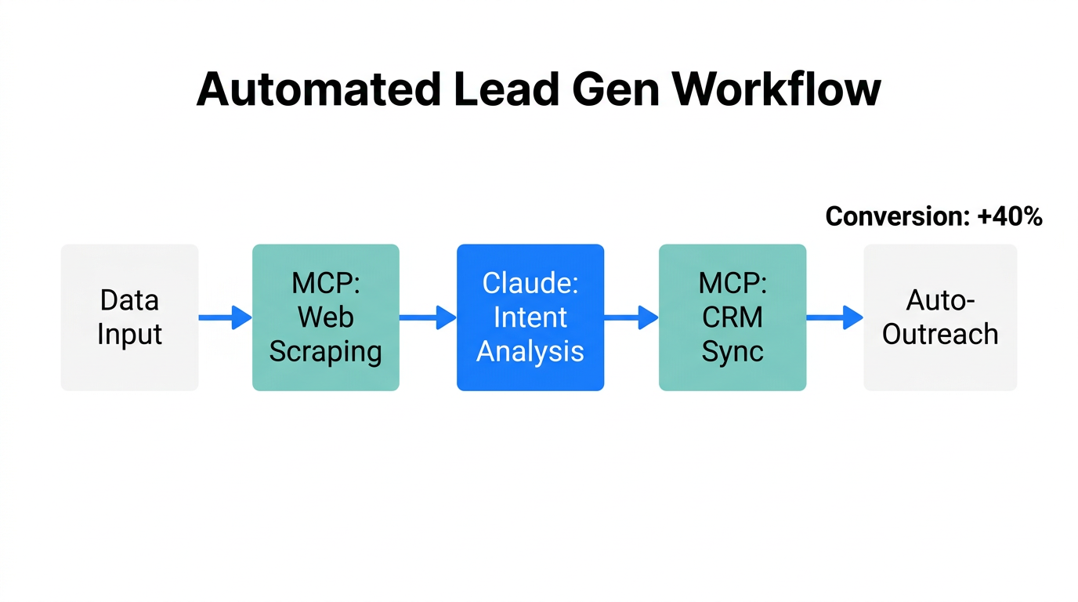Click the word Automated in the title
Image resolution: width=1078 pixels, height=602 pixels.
pyautogui.click(x=319, y=89)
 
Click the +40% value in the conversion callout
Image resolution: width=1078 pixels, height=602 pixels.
pyautogui.click(x=1010, y=217)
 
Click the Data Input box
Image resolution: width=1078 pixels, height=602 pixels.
pyautogui.click(x=129, y=317)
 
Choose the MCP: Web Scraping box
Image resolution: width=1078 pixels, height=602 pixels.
pyautogui.click(x=325, y=317)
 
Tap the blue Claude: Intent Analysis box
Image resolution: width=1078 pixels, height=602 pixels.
pyautogui.click(x=530, y=317)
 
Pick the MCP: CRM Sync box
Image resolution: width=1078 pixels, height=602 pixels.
pyautogui.click(x=732, y=317)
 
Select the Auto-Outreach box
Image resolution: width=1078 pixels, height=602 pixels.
pyautogui.click(x=940, y=317)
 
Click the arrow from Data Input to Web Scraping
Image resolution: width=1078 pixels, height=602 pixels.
pyautogui.click(x=225, y=317)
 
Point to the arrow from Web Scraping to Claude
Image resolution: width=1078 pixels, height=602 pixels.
pyautogui.click(x=428, y=317)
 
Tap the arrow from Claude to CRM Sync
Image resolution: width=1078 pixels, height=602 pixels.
pyautogui.click(x=631, y=317)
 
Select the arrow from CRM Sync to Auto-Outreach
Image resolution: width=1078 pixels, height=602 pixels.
pyautogui.click(x=834, y=317)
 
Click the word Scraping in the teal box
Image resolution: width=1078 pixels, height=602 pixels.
pyautogui.click(x=325, y=352)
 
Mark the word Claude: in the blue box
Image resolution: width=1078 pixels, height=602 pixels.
pyautogui.click(x=530, y=284)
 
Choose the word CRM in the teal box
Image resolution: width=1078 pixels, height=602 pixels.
pyautogui.click(x=732, y=317)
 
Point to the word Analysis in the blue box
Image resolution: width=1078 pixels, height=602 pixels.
pyautogui.click(x=530, y=351)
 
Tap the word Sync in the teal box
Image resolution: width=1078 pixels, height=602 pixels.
pyautogui.click(x=732, y=351)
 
